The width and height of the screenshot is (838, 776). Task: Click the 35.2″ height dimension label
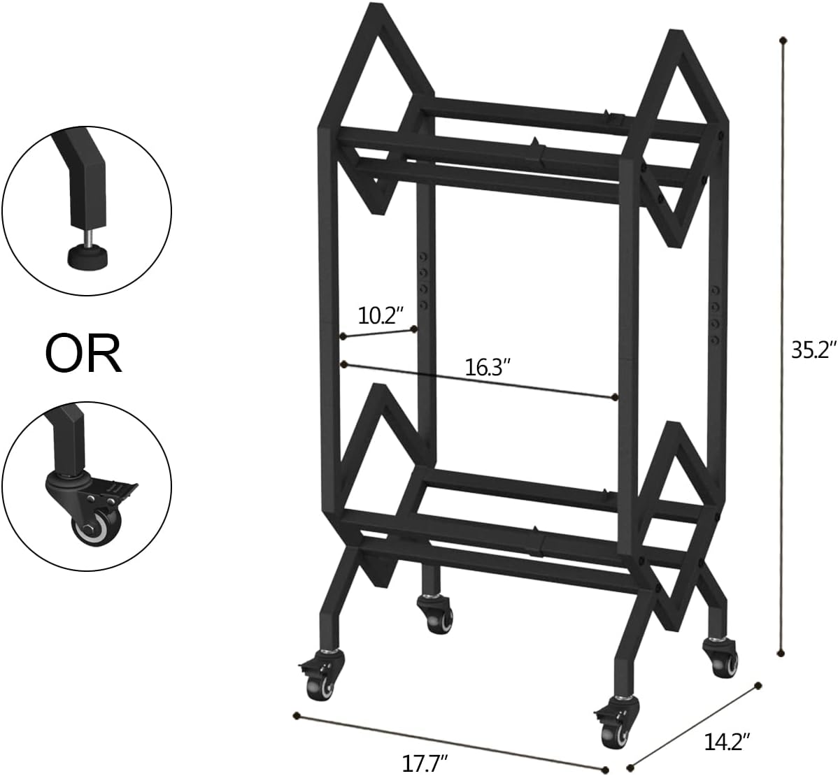[814, 350]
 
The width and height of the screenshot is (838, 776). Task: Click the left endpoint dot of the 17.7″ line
[297, 715]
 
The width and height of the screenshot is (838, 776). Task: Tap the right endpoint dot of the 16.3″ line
[614, 397]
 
